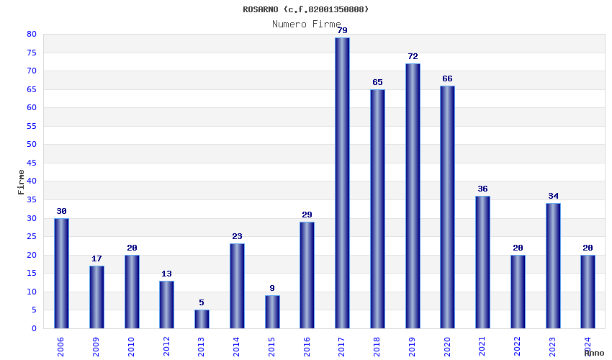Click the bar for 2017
point(342,183)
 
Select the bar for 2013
point(202,319)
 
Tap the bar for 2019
point(413,196)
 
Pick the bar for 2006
point(61,273)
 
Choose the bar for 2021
point(482,262)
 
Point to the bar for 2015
point(272,312)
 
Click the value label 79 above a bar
point(342,30)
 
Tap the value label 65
point(377,82)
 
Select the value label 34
point(553,196)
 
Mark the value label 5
point(202,303)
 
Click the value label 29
point(307,215)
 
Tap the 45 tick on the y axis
point(32,163)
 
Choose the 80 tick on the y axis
point(32,34)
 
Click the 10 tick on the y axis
point(32,292)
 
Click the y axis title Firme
point(21,181)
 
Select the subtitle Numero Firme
point(306,24)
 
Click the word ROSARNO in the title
point(260,9)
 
